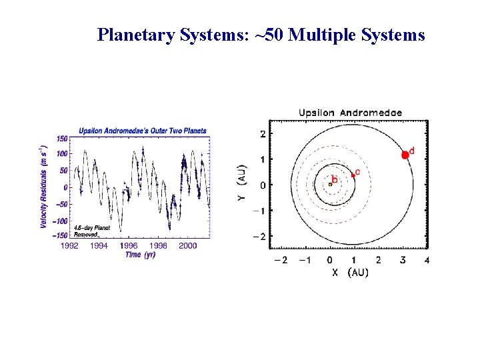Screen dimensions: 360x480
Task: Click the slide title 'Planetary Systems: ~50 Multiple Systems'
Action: coord(261,35)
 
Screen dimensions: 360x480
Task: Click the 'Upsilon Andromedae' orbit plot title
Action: coord(350,113)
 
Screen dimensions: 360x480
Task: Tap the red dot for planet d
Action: coord(405,155)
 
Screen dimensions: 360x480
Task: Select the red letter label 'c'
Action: coord(358,172)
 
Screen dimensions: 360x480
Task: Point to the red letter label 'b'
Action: coord(335,179)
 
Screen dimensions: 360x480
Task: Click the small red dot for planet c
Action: coord(353,175)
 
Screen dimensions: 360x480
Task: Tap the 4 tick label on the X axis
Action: coord(426,260)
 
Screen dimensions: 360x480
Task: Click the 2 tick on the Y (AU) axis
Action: coord(263,134)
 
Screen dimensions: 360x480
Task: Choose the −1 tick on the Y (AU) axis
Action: coord(260,211)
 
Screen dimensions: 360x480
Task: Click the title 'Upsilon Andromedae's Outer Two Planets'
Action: coord(143,131)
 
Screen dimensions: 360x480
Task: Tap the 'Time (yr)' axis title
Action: coord(140,255)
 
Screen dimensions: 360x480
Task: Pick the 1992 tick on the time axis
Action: coord(69,245)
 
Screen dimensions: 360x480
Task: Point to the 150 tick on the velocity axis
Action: coord(61,139)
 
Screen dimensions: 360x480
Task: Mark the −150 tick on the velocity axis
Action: coord(60,235)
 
